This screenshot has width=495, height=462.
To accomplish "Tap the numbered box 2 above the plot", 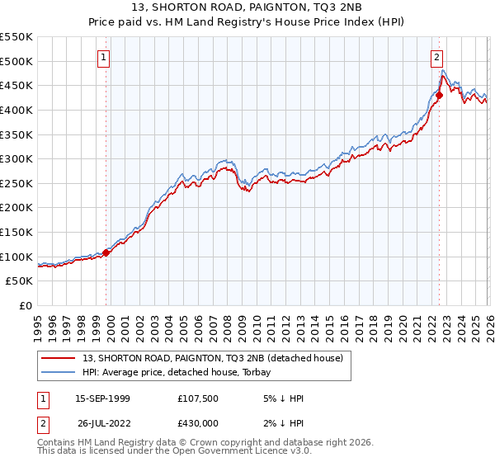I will point(436,58).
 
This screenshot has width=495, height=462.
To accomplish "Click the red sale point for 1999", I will point(106,253).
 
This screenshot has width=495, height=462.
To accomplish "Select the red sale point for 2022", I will point(439,96).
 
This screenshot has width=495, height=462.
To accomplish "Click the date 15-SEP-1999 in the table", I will point(102,398).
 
